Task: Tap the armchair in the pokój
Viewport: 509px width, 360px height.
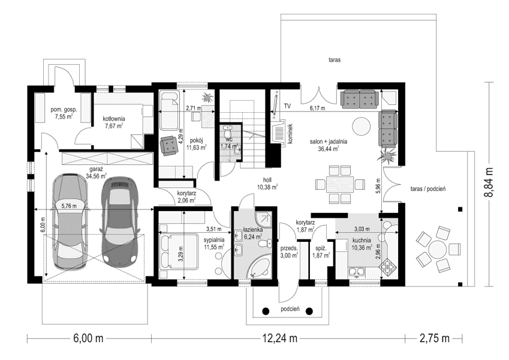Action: click(x=167, y=145)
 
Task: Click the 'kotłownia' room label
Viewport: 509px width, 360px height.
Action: click(x=113, y=118)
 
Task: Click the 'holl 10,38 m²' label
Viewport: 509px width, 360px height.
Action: click(x=267, y=183)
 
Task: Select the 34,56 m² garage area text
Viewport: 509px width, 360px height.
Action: click(x=95, y=176)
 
